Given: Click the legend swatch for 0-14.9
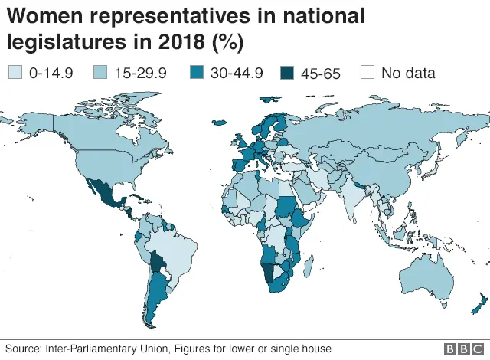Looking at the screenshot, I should click(15, 74).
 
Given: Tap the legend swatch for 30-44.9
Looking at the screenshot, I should click(194, 74).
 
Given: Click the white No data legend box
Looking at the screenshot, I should click(367, 74).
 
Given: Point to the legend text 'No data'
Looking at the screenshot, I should click(408, 74).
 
